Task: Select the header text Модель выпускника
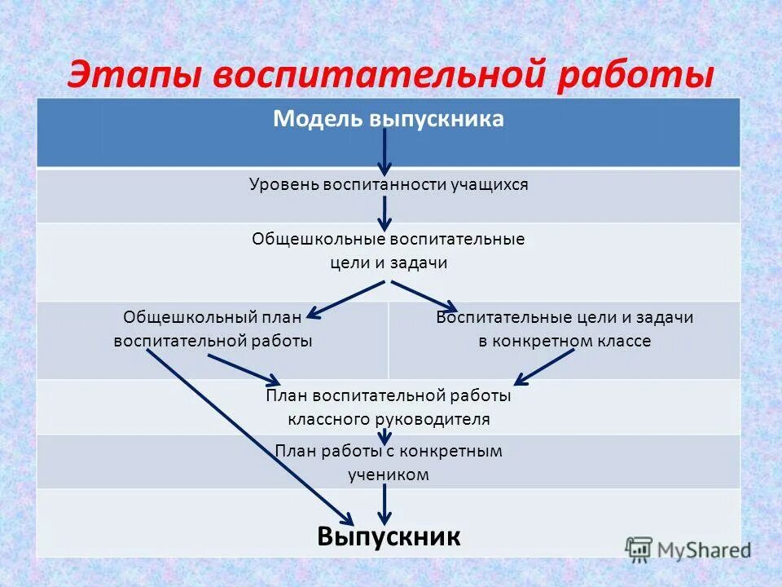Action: tap(389, 119)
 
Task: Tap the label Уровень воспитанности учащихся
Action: tap(389, 185)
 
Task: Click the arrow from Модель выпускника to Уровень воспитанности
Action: tap(386, 151)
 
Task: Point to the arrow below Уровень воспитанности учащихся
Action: tap(386, 213)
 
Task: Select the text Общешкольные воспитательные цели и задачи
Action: tap(389, 251)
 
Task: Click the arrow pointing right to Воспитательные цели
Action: tap(424, 296)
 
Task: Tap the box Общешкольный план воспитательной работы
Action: tap(213, 329)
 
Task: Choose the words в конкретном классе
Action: tap(565, 341)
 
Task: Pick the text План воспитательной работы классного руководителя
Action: tap(389, 408)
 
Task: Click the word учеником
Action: tap(389, 474)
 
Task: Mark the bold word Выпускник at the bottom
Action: tap(389, 536)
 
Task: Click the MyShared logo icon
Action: tap(639, 549)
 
